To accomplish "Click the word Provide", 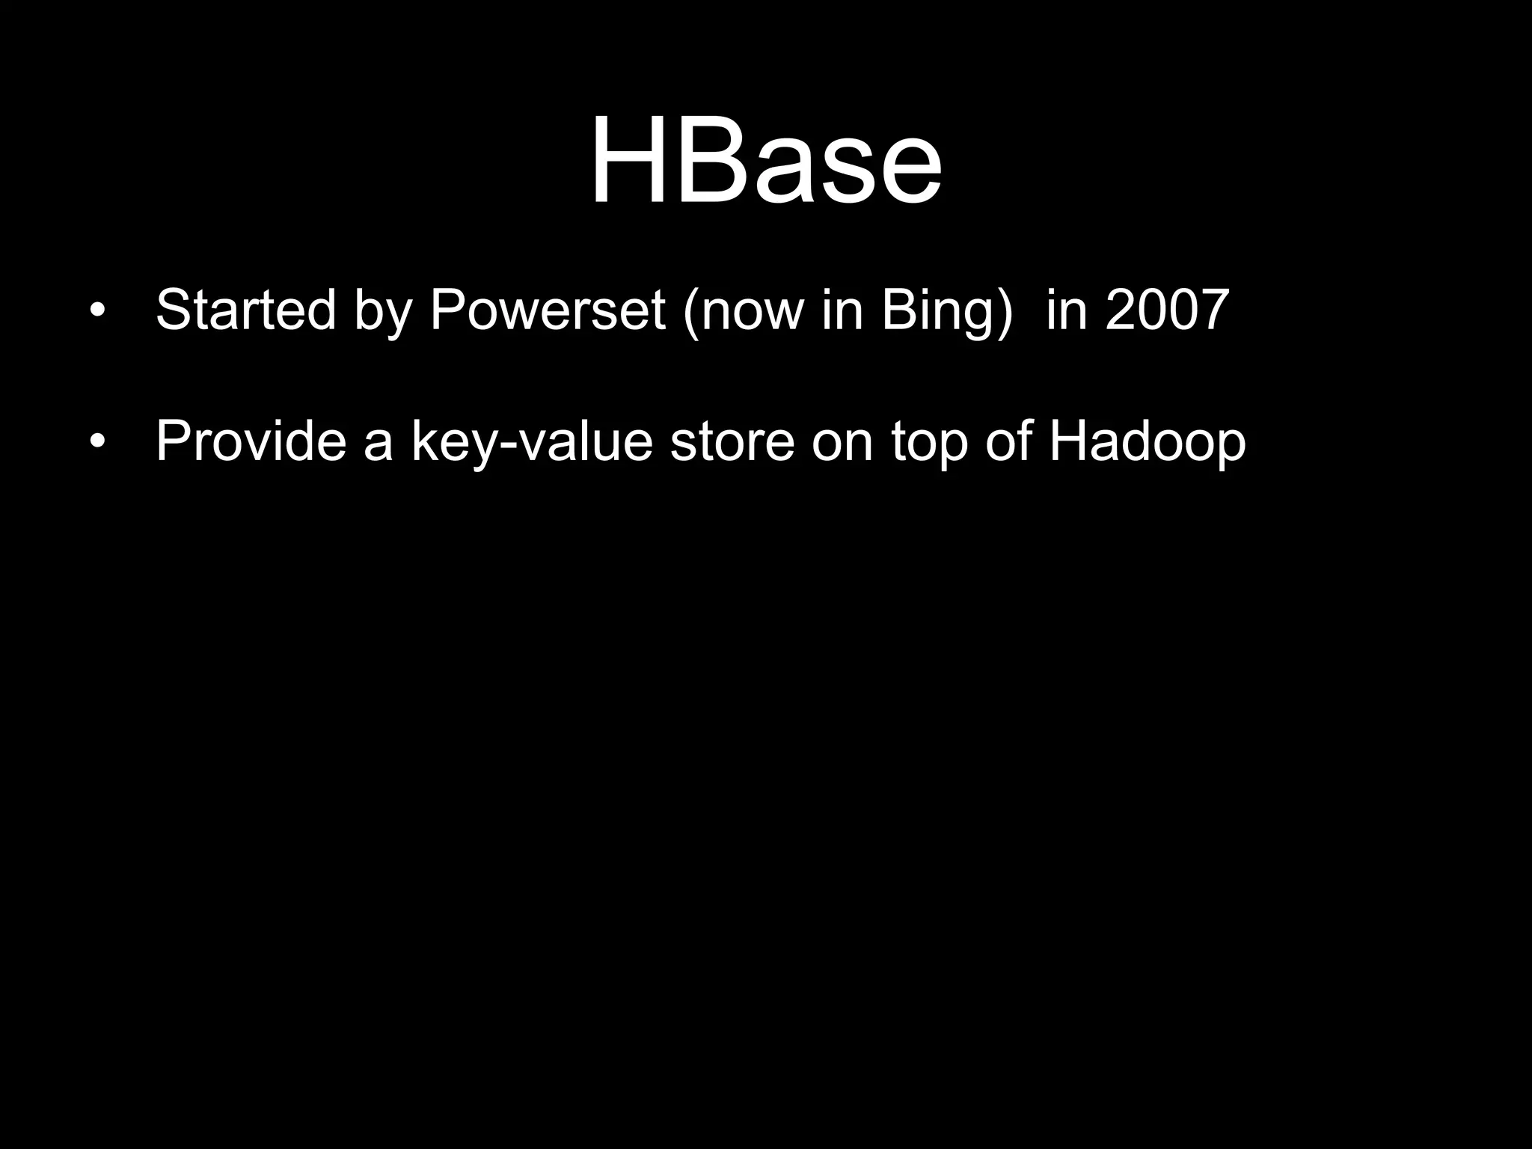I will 251,441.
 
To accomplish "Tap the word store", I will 732,441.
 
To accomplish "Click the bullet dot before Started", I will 96,310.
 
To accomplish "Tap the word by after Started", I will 383,310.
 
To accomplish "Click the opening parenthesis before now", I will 690,310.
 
